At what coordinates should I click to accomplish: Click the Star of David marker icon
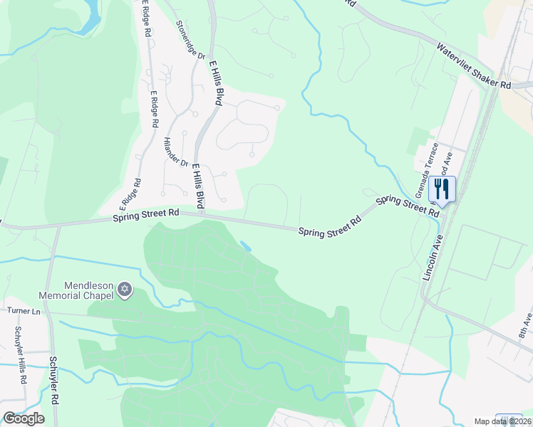pyautogui.click(x=125, y=290)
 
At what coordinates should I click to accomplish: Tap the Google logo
pyautogui.click(x=24, y=418)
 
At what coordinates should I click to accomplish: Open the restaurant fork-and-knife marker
pyautogui.click(x=443, y=189)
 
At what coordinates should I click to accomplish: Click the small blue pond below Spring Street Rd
pyautogui.click(x=246, y=246)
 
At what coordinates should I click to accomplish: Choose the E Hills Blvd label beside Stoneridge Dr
pyautogui.click(x=215, y=83)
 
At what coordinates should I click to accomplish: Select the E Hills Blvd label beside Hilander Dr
pyautogui.click(x=197, y=185)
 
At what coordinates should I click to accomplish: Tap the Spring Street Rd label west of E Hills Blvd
pyautogui.click(x=145, y=215)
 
